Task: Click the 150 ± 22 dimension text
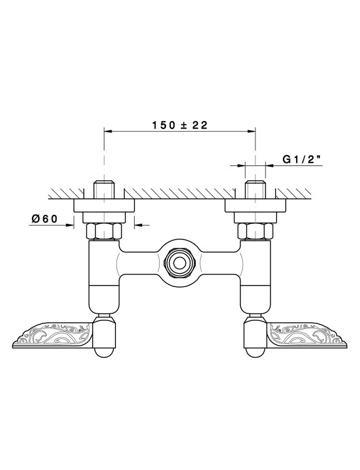point(180,125)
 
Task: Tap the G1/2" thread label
point(302,159)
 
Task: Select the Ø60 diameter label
point(44,219)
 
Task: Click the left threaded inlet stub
point(104,189)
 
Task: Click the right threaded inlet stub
point(255,189)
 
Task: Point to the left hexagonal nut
point(104,231)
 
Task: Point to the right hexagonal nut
point(255,231)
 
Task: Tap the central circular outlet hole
point(180,263)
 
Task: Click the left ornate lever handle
point(51,335)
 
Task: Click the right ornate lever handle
point(307,335)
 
